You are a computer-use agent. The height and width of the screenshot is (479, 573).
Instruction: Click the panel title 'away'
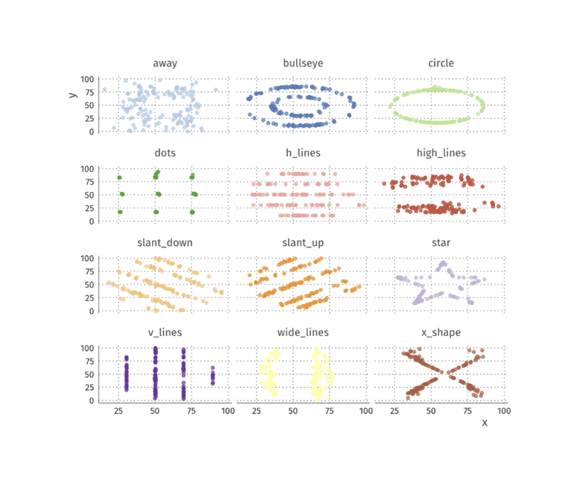[165, 63]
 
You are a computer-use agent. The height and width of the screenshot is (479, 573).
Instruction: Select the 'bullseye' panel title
[303, 63]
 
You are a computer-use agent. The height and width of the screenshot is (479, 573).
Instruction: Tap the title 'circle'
[441, 63]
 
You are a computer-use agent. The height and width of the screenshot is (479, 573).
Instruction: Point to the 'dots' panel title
[165, 153]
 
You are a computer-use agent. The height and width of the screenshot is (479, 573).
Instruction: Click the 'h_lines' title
[303, 153]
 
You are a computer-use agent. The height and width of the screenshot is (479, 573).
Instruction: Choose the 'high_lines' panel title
[441, 153]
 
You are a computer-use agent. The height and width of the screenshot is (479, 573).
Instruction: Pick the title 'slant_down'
[165, 242]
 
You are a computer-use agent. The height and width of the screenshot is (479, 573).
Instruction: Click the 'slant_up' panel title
[303, 242]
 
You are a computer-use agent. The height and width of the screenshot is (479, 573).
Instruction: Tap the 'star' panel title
[441, 242]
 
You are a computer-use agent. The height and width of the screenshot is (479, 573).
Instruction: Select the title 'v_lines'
[165, 332]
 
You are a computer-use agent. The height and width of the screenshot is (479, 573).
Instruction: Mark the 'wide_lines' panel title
[303, 332]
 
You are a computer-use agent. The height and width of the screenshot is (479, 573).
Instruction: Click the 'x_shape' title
[441, 332]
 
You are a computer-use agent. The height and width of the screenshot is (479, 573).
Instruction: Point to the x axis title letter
[484, 422]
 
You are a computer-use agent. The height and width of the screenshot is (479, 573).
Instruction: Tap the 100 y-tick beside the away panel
[87, 78]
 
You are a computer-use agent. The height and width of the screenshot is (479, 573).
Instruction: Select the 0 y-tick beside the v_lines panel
[92, 401]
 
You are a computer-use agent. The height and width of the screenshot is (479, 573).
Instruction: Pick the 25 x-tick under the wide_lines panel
[256, 411]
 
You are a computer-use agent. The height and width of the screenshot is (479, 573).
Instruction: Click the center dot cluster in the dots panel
[157, 194]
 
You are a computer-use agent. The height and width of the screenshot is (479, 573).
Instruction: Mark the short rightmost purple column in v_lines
[212, 376]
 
